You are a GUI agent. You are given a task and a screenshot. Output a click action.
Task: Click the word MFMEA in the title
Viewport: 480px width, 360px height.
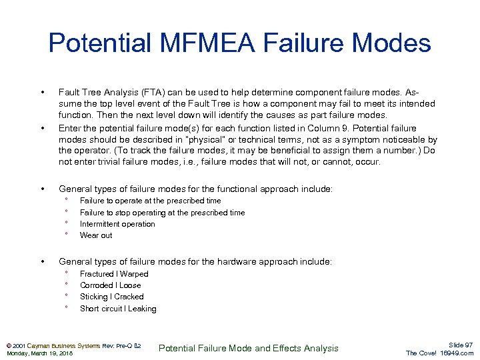200,44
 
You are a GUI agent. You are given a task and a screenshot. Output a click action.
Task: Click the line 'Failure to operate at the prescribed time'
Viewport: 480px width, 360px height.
150,201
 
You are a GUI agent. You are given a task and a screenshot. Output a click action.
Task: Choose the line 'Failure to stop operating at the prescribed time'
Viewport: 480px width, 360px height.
162,213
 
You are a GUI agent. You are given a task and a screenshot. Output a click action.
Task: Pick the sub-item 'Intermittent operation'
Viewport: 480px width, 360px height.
117,224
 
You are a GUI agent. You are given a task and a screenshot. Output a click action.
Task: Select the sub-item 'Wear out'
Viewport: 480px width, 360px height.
96,235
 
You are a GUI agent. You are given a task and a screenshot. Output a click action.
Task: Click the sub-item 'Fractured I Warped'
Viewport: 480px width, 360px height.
114,274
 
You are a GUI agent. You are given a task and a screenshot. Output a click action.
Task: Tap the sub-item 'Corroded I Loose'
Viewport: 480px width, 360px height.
110,285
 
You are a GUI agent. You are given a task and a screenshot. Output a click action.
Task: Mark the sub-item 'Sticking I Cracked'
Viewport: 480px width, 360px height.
111,297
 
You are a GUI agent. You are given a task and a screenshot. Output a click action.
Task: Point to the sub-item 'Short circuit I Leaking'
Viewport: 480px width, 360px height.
118,309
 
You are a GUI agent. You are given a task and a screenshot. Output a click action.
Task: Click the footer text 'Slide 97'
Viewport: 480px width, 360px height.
461,345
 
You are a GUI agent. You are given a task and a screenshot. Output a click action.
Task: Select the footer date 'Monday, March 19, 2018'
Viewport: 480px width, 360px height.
39,353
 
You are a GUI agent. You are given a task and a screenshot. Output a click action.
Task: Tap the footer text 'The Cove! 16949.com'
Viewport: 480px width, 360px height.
440,353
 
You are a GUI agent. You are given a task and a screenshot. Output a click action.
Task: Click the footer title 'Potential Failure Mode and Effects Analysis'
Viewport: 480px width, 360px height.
249,348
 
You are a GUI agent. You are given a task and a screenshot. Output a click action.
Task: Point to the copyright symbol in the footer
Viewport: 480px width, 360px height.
8,345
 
